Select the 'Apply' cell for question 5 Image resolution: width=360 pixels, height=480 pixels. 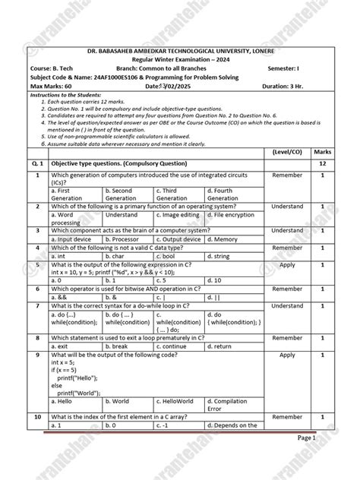pos(287,265)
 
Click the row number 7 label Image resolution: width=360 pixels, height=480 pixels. pos(37,306)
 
